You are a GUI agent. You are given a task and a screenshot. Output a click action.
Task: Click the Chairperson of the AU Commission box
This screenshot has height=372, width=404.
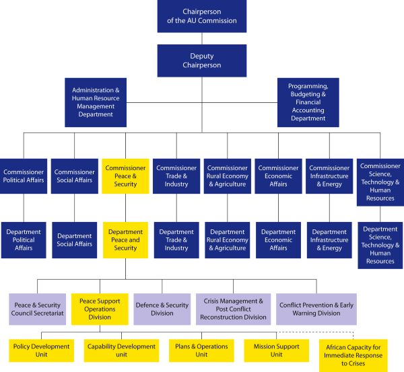pos(202,17)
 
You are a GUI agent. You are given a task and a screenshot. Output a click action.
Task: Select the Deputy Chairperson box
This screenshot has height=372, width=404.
pos(202,61)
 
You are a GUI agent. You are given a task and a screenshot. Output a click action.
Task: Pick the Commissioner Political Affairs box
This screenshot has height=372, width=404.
pos(24,176)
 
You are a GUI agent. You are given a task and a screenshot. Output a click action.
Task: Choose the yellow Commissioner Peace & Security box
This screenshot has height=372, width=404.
pos(125,176)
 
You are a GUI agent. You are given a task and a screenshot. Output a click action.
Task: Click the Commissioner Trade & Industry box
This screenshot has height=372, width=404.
pos(176,176)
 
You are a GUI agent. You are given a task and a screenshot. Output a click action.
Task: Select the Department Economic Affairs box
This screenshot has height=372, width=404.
pos(277,239)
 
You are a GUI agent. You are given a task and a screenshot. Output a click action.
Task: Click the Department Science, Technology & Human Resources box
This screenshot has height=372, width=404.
pos(380,245)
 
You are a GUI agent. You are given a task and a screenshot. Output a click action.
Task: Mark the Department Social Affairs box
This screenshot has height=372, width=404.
pos(75,239)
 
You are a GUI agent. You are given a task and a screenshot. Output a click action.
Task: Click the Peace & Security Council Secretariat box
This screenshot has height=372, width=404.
pos(37,309)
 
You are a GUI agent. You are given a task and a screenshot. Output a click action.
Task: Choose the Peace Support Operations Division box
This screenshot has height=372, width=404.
pos(100,308)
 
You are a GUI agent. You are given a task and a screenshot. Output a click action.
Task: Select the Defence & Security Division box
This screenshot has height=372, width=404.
pos(162,308)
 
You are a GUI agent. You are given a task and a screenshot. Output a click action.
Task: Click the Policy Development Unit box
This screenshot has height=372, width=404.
pos(42,350)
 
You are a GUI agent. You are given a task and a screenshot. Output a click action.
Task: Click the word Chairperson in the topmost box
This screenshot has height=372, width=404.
pos(202,12)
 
